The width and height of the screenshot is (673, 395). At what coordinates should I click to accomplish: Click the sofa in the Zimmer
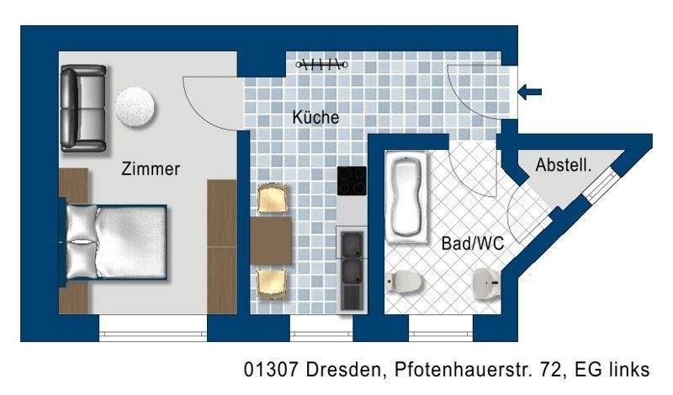(x=82, y=108)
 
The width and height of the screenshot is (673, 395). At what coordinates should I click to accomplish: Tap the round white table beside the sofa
(x=135, y=107)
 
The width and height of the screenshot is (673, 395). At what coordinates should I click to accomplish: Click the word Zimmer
(x=151, y=168)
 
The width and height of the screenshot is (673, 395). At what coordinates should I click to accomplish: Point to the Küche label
(x=315, y=118)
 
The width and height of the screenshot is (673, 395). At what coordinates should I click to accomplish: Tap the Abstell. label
(x=564, y=166)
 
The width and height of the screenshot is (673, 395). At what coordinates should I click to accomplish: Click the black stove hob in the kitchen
(x=352, y=182)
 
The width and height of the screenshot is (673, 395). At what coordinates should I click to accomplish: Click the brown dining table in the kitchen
(x=271, y=241)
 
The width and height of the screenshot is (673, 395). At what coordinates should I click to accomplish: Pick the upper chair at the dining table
(x=273, y=200)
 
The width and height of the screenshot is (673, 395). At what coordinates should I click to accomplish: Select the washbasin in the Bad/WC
(x=486, y=282)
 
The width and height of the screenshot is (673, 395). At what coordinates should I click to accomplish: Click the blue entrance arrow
(x=531, y=93)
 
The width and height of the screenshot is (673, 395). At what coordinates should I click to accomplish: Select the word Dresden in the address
(x=336, y=370)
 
